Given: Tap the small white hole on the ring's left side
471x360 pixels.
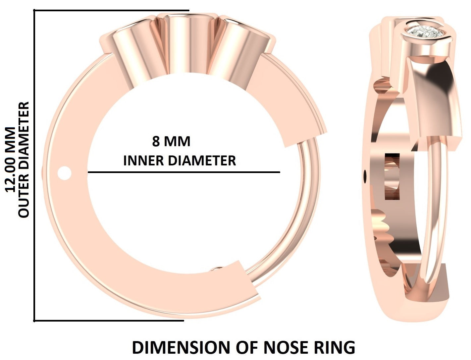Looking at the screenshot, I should pyautogui.click(x=64, y=173).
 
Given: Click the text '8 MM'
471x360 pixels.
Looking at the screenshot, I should pyautogui.click(x=171, y=142).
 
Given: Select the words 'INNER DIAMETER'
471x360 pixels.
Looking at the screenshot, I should pyautogui.click(x=180, y=161).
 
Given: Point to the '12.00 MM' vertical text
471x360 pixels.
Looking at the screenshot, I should pyautogui.click(x=10, y=159).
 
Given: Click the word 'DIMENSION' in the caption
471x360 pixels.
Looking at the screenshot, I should pyautogui.click(x=182, y=347).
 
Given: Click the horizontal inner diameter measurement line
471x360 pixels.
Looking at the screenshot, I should pyautogui.click(x=184, y=172).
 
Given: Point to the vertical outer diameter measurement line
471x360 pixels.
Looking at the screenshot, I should pyautogui.click(x=34, y=166).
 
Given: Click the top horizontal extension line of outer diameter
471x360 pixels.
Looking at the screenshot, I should pyautogui.click(x=111, y=11).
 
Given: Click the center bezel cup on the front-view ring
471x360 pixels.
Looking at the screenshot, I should pyautogui.click(x=187, y=43).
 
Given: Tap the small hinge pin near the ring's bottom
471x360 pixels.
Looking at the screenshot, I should pyautogui.click(x=218, y=269).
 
